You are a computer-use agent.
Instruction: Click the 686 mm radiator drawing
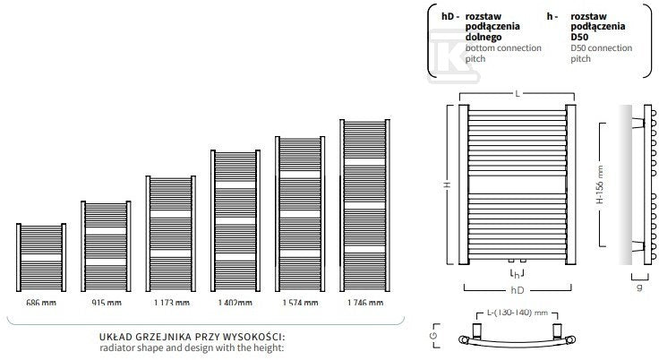tap(41, 257)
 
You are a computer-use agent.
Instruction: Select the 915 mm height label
tap(107, 303)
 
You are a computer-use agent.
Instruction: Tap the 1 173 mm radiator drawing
tap(171, 234)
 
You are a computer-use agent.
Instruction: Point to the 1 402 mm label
tap(235, 303)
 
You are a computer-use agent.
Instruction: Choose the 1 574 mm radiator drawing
tap(300, 214)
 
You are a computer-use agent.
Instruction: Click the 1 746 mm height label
tap(365, 303)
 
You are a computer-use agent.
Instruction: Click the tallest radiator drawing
tap(364, 206)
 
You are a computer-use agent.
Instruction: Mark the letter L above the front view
tap(518, 93)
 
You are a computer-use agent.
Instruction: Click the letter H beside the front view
tap(449, 184)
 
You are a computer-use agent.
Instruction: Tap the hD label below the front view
tap(518, 290)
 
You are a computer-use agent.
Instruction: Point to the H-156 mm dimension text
tap(600, 184)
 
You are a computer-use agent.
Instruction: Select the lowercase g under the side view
tap(639, 287)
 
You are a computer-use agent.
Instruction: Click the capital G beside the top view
tap(434, 336)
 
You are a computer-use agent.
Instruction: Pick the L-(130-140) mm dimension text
tap(518, 313)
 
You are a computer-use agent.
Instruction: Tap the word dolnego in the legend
tap(484, 37)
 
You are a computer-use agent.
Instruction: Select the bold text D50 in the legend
tap(579, 37)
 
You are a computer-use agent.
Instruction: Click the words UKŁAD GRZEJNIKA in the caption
tap(146, 337)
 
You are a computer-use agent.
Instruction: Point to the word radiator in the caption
tap(116, 347)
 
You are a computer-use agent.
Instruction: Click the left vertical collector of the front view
tap(464, 184)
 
